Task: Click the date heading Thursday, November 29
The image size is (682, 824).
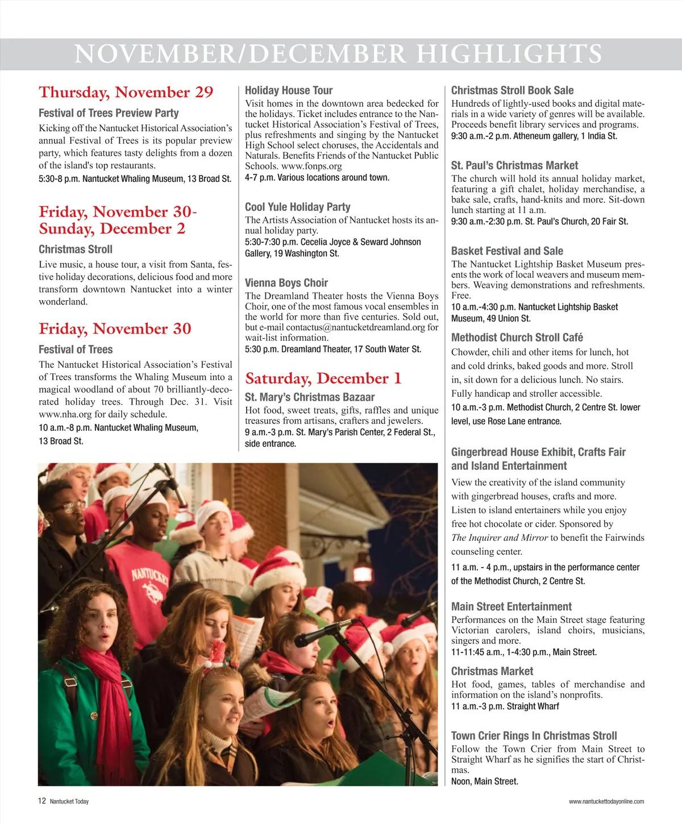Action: coord(126,93)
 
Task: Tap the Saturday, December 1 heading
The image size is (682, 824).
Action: coord(323,378)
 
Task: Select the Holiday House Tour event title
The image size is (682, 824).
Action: coord(288,90)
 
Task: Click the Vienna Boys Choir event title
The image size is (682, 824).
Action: coord(286,283)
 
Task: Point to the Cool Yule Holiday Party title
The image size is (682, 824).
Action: coord(297,207)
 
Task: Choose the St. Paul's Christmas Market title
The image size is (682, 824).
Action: coord(514,165)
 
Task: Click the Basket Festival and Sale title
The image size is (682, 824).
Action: coord(507,251)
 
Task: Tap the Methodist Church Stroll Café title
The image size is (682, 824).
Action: coord(517,338)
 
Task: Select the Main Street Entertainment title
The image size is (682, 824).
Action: coord(511,606)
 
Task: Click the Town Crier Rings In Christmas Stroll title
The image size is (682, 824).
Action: coord(534,736)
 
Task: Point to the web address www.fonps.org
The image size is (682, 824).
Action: coord(311,167)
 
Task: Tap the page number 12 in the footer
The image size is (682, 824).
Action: coord(42,801)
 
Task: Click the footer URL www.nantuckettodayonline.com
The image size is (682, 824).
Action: coord(606,802)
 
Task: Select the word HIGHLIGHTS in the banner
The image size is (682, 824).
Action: coord(509,55)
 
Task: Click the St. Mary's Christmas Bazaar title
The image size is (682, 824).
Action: coord(309,397)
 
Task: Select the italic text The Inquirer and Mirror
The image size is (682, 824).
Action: coord(499,538)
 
